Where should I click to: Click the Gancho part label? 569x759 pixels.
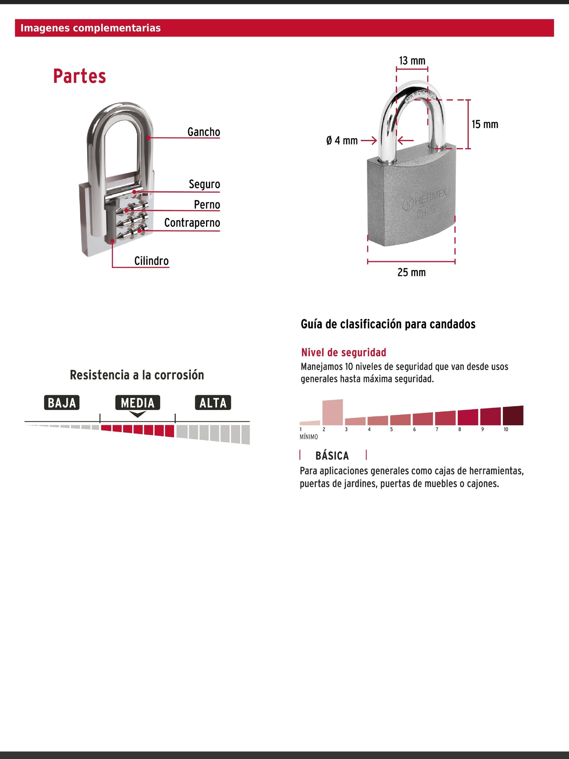[x=204, y=132]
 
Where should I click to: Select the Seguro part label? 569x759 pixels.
[x=204, y=184]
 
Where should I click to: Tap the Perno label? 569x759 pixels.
[x=207, y=205]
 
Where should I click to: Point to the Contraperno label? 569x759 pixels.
[x=192, y=223]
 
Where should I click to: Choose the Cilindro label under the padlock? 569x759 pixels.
[x=151, y=261]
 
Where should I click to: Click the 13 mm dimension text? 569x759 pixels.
[x=412, y=61]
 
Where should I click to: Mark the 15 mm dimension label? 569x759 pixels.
[x=485, y=124]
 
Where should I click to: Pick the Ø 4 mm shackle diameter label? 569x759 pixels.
[x=342, y=141]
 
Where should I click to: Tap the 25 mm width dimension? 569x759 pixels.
[x=411, y=272]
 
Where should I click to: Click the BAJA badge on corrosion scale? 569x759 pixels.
[x=62, y=403]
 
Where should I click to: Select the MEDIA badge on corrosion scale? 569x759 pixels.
[x=138, y=403]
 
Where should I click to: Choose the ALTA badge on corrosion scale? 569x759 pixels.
[x=213, y=403]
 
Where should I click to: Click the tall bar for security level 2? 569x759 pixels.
[x=333, y=412]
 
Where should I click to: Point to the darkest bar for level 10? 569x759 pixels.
[x=513, y=416]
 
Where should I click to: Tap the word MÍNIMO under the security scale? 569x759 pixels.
[x=309, y=437]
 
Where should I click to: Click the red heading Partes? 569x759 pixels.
[x=80, y=76]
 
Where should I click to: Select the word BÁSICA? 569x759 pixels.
[x=332, y=456]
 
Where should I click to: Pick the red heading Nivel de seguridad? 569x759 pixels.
[x=344, y=353]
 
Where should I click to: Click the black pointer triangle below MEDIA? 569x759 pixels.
[x=138, y=414]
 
